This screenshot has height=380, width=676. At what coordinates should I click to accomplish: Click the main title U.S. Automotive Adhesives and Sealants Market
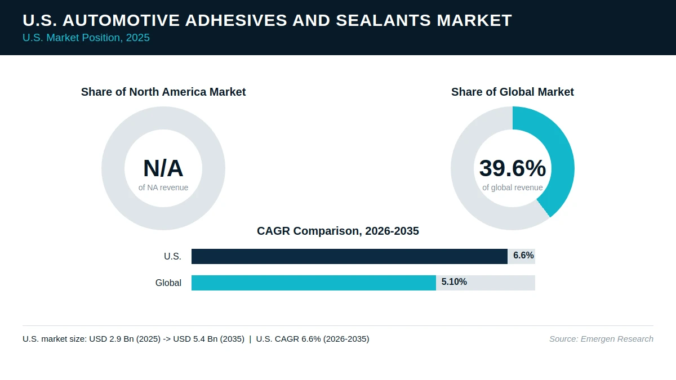(x=267, y=20)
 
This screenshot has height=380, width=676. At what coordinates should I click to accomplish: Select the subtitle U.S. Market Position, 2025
(x=86, y=38)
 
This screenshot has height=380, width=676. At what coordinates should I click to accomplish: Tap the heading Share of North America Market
(x=163, y=92)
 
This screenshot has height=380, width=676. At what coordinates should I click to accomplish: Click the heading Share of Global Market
(x=513, y=92)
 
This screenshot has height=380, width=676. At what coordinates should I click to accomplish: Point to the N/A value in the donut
(x=163, y=168)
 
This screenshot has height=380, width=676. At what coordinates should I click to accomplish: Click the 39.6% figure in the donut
(x=513, y=168)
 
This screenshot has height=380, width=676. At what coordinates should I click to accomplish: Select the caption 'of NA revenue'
(x=163, y=187)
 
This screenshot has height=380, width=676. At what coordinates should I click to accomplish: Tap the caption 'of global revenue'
(x=513, y=187)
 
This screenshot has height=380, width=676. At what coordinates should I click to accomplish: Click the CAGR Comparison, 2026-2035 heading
(x=337, y=231)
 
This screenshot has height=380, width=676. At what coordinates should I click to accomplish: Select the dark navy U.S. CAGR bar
(x=349, y=256)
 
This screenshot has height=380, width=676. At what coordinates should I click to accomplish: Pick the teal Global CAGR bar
(x=314, y=283)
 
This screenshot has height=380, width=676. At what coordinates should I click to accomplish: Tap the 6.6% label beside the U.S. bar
(x=523, y=256)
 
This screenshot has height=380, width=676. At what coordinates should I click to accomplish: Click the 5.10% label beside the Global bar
(x=454, y=281)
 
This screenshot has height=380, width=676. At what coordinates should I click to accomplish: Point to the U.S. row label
(x=172, y=256)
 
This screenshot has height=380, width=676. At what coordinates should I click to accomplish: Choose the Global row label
(x=168, y=283)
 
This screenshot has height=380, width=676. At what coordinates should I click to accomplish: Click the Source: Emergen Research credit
(x=601, y=339)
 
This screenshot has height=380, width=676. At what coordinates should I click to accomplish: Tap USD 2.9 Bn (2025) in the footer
(x=124, y=339)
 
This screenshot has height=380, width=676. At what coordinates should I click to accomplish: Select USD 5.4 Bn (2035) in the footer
(x=208, y=339)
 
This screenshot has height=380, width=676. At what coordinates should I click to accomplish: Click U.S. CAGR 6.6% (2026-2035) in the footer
(x=312, y=339)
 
